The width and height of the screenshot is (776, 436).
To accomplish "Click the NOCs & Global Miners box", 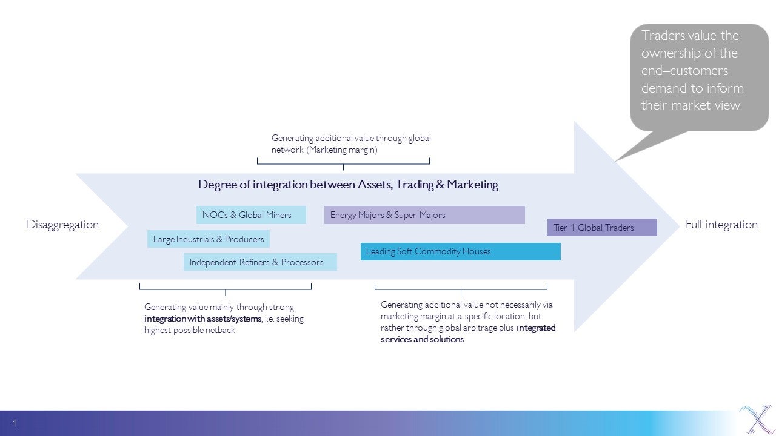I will (250, 215).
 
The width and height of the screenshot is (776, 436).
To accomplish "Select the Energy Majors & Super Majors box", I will (424, 215).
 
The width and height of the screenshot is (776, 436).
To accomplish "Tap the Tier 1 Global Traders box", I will (602, 228).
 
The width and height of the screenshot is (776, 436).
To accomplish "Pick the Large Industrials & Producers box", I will (208, 239).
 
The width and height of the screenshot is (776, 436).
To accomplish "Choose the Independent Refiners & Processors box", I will (260, 262).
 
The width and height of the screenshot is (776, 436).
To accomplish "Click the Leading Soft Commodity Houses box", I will (460, 251).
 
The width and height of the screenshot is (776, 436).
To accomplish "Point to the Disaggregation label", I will (62, 225).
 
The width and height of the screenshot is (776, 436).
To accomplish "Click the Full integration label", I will (721, 225).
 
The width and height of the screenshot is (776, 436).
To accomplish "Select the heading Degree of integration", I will (348, 185).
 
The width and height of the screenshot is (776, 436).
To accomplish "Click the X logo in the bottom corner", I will (756, 420).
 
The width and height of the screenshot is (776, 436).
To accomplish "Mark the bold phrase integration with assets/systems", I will (202, 319).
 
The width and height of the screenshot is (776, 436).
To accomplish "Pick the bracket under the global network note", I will (343, 162).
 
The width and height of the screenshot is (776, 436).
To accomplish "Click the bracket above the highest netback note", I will (225, 287).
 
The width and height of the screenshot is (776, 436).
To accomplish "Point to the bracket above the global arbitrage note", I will (461, 287).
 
